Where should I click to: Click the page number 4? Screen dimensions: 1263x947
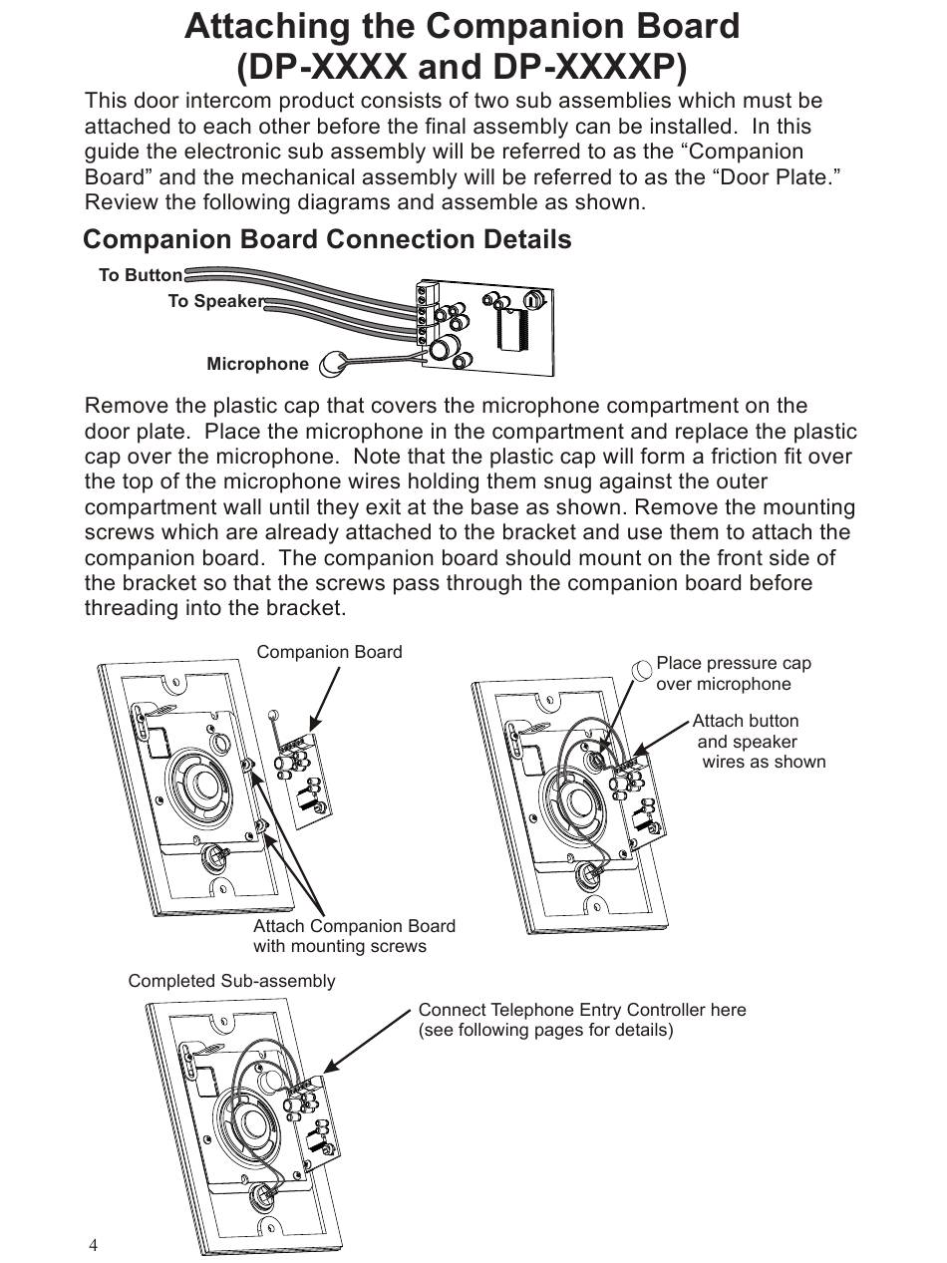coord(94,1245)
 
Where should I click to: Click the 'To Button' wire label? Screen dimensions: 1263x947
coord(141,275)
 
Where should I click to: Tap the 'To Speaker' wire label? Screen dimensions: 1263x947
coord(215,301)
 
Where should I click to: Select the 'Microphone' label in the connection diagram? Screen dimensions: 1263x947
coord(257,364)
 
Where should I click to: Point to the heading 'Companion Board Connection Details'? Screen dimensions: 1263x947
coord(327,239)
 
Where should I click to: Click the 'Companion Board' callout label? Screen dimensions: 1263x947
coord(329,652)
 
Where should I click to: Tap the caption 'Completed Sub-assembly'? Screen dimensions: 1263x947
coord(231,981)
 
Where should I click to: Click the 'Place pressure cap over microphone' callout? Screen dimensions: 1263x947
coord(733,674)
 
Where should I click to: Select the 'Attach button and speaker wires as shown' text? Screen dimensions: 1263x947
coord(759,742)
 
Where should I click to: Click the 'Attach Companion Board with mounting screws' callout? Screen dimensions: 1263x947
coord(354,936)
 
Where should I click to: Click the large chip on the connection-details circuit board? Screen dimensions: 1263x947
coord(518,324)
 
